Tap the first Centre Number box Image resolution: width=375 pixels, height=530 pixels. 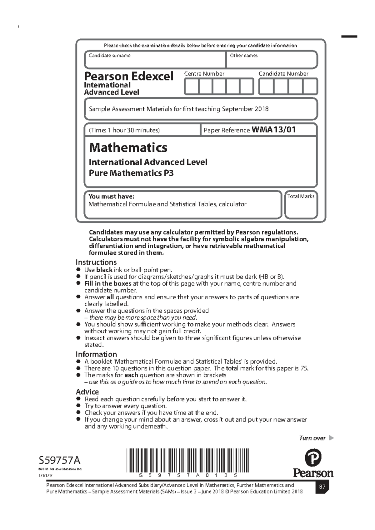[x=191, y=86]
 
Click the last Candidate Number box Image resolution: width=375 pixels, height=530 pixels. [x=310, y=86]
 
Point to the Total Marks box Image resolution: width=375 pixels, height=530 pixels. [x=301, y=208]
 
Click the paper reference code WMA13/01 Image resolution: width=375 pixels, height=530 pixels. [x=273, y=130]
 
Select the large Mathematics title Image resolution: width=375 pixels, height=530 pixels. [x=128, y=148]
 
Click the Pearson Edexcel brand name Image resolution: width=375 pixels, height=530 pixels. [x=128, y=76]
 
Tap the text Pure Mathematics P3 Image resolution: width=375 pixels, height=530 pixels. [x=131, y=173]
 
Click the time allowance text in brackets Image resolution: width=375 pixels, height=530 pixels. [x=124, y=130]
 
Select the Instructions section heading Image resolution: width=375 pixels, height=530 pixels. [x=96, y=262]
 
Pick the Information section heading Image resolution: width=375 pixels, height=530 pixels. [x=96, y=354]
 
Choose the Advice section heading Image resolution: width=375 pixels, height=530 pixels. [x=87, y=392]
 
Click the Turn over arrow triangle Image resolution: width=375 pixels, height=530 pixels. [x=331, y=438]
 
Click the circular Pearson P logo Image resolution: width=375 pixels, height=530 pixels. [x=313, y=458]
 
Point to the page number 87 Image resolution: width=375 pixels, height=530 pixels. [x=322, y=487]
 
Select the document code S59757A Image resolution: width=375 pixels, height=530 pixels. [x=59, y=460]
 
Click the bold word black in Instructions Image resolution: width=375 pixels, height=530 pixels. [x=104, y=270]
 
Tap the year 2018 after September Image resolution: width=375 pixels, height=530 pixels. [x=262, y=109]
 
